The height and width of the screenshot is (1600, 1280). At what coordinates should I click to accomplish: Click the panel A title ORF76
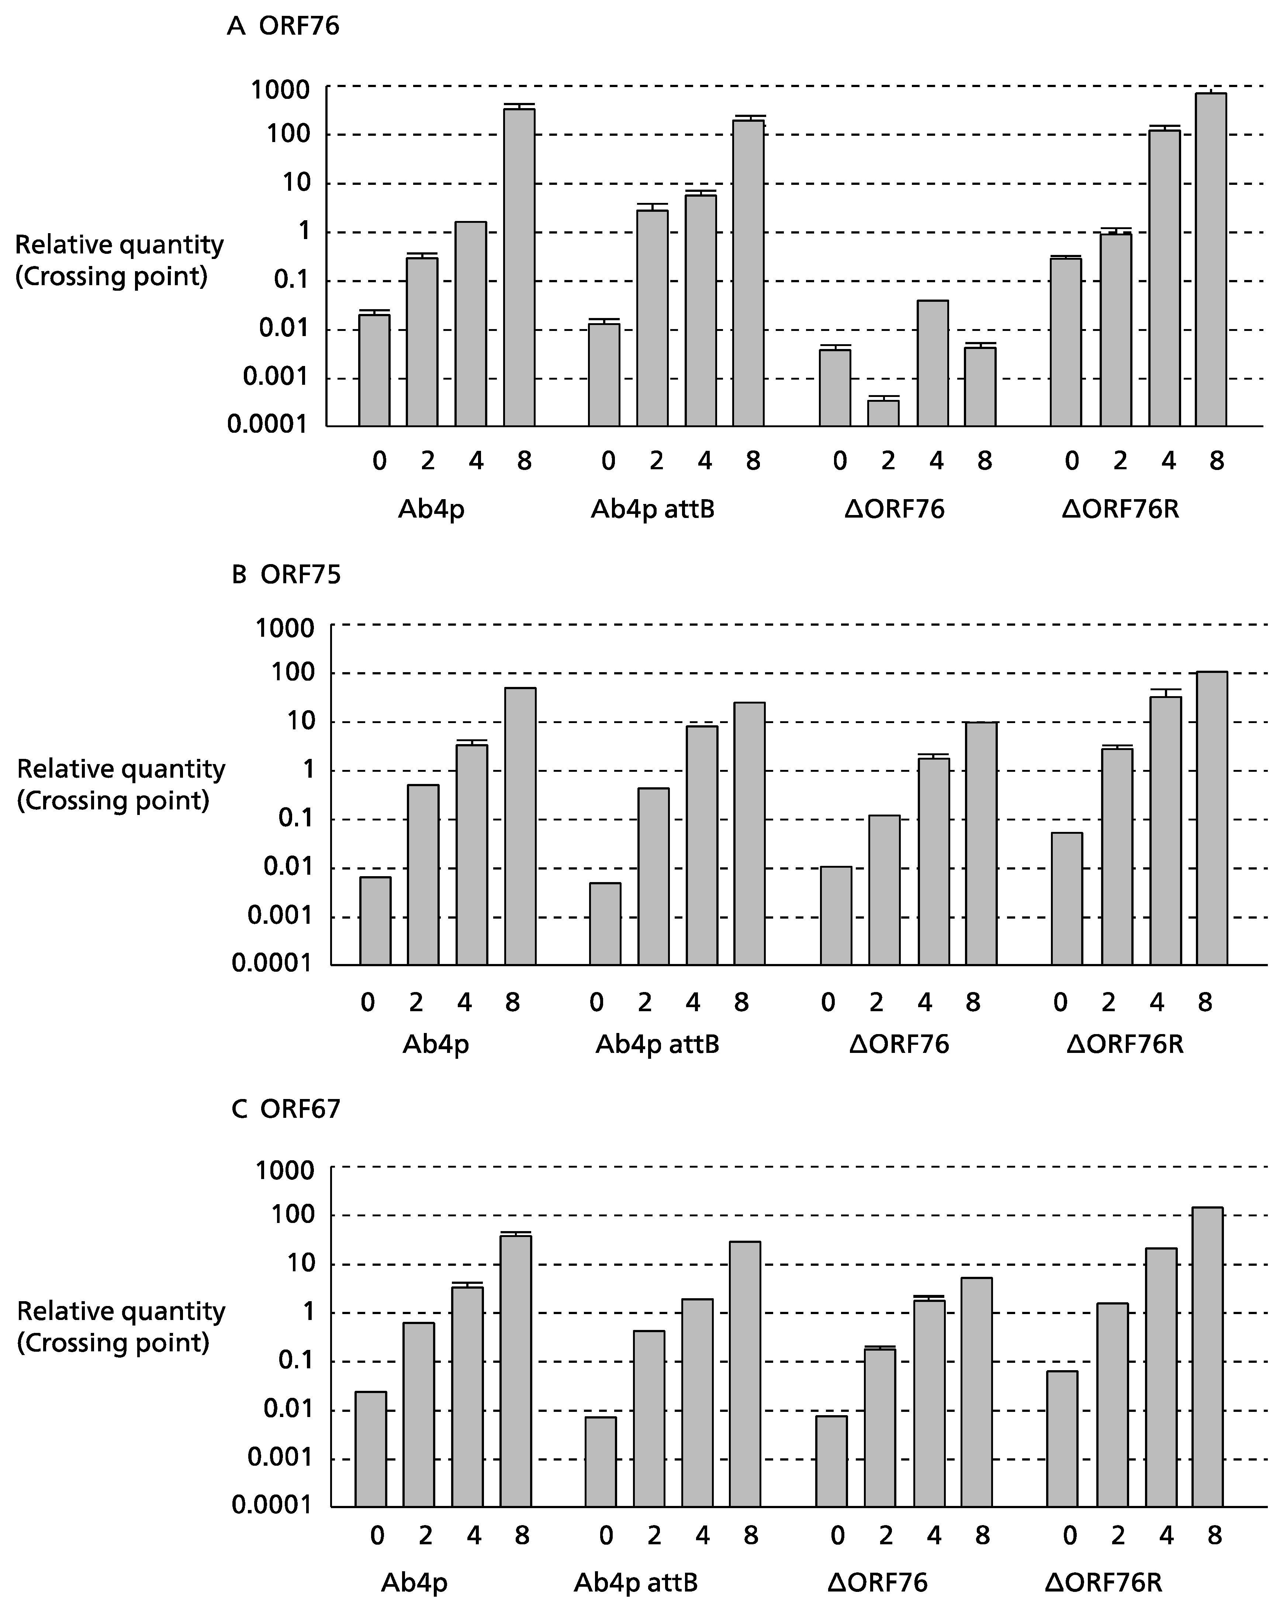click(299, 27)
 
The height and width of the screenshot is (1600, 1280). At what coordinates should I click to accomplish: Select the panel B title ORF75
click(301, 575)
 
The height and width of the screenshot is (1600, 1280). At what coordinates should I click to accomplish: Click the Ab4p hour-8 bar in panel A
click(519, 267)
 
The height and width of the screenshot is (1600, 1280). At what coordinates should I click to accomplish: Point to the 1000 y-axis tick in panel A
click(280, 90)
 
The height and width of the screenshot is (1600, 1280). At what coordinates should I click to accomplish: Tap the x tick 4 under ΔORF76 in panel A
click(937, 462)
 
